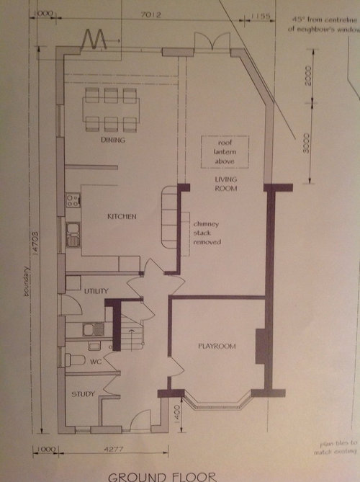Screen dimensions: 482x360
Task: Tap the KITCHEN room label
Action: point(122,216)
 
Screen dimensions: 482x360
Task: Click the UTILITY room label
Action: point(95,290)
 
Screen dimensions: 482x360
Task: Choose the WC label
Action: point(94,361)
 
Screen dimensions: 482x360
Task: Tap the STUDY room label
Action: point(84,395)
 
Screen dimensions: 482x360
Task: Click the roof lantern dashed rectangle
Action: point(224,151)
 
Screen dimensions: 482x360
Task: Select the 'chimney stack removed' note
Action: point(206,233)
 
